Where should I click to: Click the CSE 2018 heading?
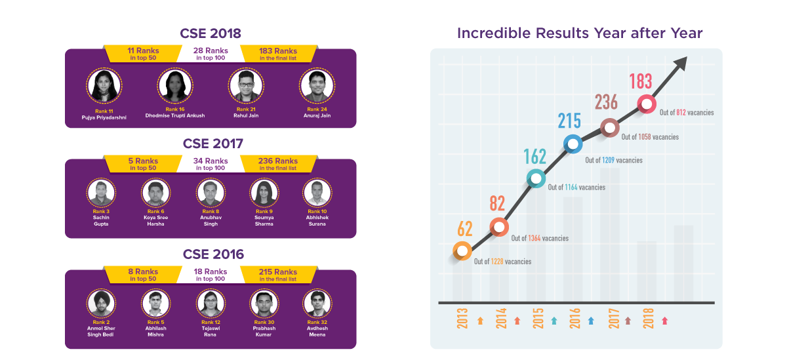211,33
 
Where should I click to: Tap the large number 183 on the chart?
640,81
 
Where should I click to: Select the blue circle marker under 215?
573,144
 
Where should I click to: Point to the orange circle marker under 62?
462,250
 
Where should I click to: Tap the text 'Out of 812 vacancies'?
687,113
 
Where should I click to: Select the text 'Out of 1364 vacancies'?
539,238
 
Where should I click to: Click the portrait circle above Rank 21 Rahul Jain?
247,86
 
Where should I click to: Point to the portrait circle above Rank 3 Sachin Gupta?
101,193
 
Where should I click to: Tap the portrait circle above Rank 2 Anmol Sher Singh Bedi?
101,303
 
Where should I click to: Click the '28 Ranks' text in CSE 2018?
211,50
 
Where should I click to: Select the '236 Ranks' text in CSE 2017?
277,161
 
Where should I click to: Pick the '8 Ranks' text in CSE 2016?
142,271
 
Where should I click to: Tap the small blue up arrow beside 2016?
591,321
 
